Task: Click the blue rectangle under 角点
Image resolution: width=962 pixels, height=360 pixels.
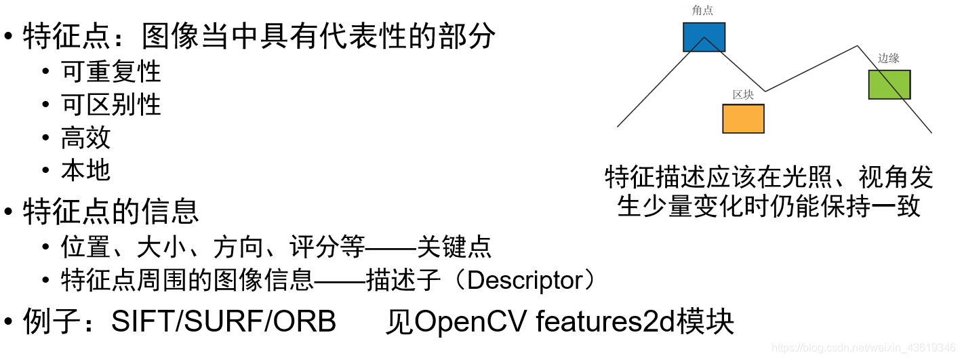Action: point(704,37)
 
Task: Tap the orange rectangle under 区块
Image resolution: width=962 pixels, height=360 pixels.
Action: point(743,119)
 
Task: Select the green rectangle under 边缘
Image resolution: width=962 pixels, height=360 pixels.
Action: point(889,84)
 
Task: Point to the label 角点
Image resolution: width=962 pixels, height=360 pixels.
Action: point(703,10)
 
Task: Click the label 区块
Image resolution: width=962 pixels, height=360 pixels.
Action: point(743,94)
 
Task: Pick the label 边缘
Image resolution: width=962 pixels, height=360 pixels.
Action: point(889,58)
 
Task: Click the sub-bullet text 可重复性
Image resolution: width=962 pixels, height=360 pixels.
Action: point(111,71)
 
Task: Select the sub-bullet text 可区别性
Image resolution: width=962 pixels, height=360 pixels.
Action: point(111,104)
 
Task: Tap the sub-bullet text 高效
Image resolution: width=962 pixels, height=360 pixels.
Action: point(86,138)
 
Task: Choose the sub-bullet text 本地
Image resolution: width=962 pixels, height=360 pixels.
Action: point(86,170)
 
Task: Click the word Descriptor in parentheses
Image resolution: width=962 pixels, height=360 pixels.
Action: point(525,280)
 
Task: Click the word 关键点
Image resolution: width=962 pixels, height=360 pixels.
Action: point(454,247)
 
